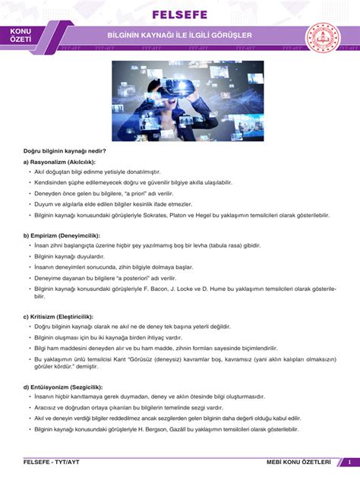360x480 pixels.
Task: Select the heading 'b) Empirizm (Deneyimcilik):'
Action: pos(62,235)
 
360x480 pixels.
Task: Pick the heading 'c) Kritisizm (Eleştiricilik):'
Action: pos(58,315)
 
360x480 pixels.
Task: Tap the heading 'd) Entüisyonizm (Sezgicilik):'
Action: pos(62,387)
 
